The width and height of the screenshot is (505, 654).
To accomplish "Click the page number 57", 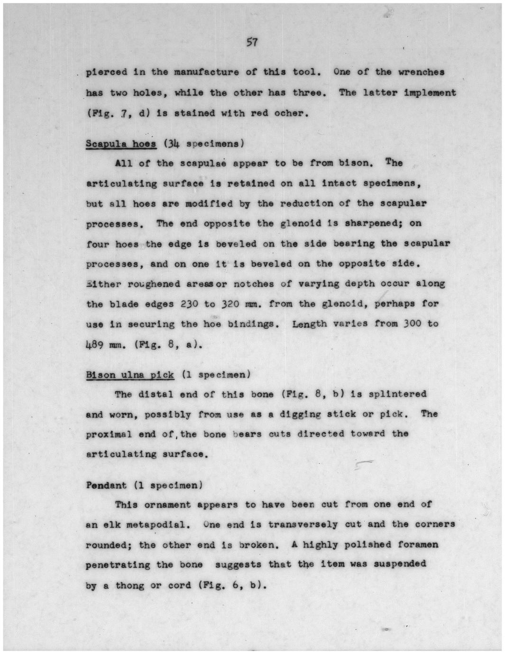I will click(252, 43).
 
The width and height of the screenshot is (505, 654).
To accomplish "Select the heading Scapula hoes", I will click(121, 143).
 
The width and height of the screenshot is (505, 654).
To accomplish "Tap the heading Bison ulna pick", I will click(130, 375).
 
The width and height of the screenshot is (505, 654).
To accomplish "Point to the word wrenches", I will click(421, 72).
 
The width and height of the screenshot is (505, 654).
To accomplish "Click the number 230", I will click(189, 304).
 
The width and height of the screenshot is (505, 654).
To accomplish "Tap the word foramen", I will click(418, 545).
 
